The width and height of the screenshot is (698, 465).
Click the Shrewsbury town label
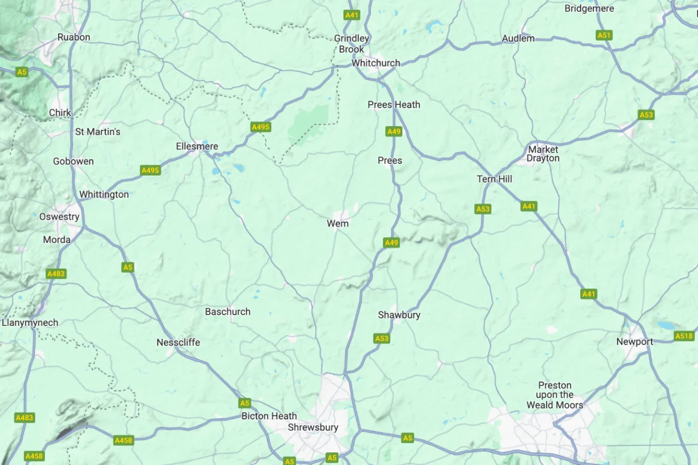coord(313,427)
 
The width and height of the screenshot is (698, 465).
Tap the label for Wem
coord(337,224)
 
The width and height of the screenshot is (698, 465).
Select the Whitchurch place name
coord(376,63)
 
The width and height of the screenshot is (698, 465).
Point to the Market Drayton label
coord(543,154)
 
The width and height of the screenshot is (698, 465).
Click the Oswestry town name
coord(59,217)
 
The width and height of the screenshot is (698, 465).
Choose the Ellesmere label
coord(197,146)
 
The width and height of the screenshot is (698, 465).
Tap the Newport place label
coord(635,342)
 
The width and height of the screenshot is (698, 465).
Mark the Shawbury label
coord(399,315)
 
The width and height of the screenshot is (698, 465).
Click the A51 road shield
coord(604,35)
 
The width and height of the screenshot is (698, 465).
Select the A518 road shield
coord(684,336)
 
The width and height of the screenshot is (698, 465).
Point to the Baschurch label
coord(228,312)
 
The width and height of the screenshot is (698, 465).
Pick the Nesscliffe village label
coord(178,342)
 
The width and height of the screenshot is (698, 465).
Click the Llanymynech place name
coord(30,323)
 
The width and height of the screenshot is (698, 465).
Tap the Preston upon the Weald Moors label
coord(555,395)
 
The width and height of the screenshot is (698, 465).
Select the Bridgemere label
coord(589,9)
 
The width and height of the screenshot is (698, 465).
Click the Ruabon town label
coord(74,37)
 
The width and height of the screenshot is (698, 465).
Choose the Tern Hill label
coord(494,179)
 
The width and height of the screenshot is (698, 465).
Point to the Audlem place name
coord(518,38)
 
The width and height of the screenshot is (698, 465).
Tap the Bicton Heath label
coord(269,416)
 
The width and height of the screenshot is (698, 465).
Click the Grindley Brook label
coord(351,44)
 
